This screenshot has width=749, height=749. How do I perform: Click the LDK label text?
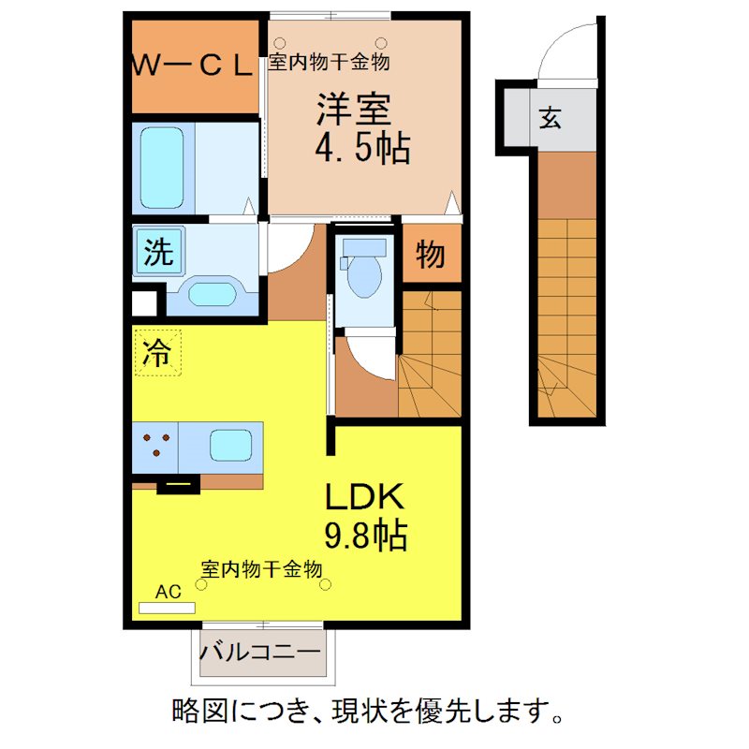(364, 496)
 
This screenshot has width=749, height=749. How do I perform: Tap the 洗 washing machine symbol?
(158, 253)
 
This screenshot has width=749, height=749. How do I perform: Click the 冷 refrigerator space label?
(157, 353)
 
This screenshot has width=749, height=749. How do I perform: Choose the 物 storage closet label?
(430, 254)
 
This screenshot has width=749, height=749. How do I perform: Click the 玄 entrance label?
(551, 118)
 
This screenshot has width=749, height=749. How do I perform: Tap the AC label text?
(168, 592)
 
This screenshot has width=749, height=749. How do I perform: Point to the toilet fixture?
(363, 271)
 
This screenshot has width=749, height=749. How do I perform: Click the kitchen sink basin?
(230, 446)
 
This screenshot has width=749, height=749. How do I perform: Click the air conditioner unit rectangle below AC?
(167, 608)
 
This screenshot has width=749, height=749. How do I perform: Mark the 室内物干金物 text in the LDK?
(262, 568)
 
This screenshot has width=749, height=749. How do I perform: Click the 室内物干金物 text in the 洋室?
(329, 63)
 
